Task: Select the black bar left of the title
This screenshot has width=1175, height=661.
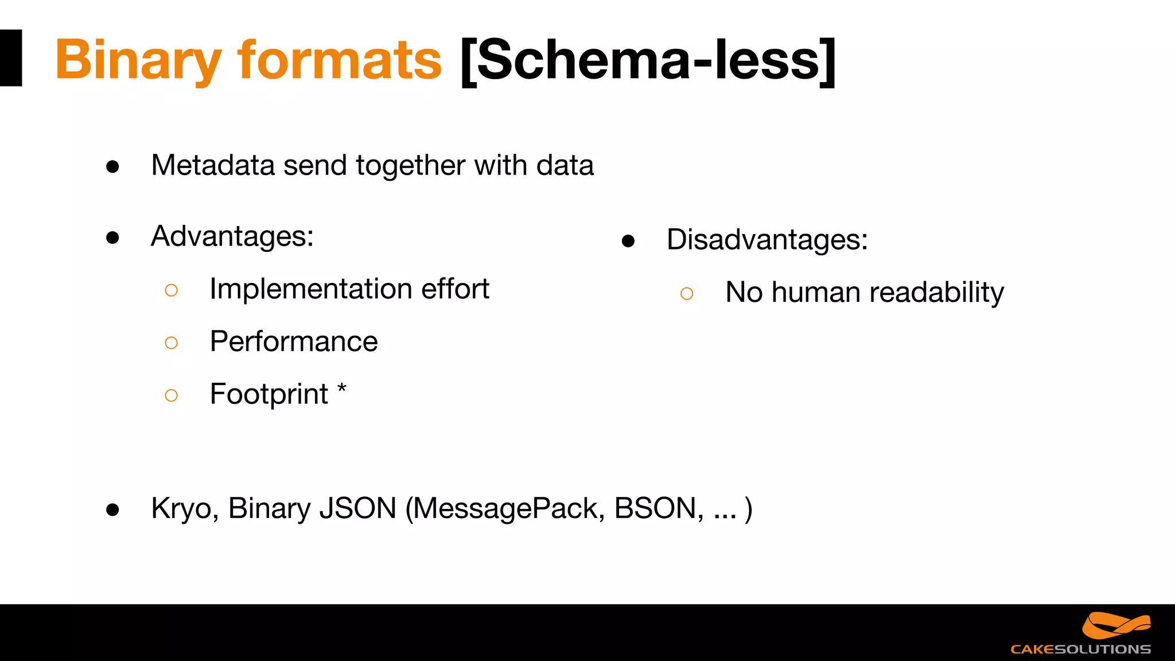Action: (x=11, y=58)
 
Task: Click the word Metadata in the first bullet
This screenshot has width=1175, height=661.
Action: (x=213, y=165)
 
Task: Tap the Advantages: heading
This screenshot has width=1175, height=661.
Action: (x=232, y=236)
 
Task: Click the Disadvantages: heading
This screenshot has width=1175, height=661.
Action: (x=767, y=240)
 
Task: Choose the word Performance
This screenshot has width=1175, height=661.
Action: (x=294, y=342)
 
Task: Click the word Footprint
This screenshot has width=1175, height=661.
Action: (x=269, y=395)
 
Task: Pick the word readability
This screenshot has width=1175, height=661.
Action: (x=936, y=293)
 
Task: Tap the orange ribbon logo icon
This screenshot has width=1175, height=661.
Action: (x=1116, y=625)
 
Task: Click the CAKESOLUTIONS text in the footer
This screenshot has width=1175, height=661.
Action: (x=1080, y=650)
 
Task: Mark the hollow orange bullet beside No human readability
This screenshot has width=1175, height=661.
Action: (x=687, y=294)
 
